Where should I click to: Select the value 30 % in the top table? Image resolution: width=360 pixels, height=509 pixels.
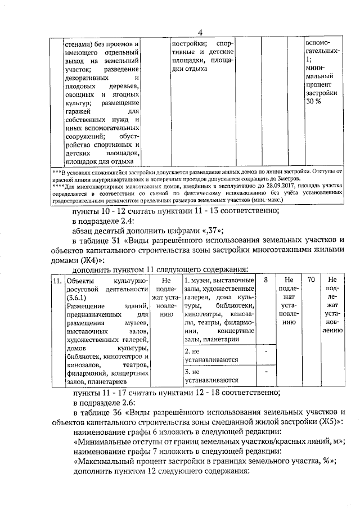coord(313,101)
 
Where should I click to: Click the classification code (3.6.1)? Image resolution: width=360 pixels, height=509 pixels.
coord(77,298)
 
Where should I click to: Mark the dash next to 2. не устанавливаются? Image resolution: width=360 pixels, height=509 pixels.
coord(265,351)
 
